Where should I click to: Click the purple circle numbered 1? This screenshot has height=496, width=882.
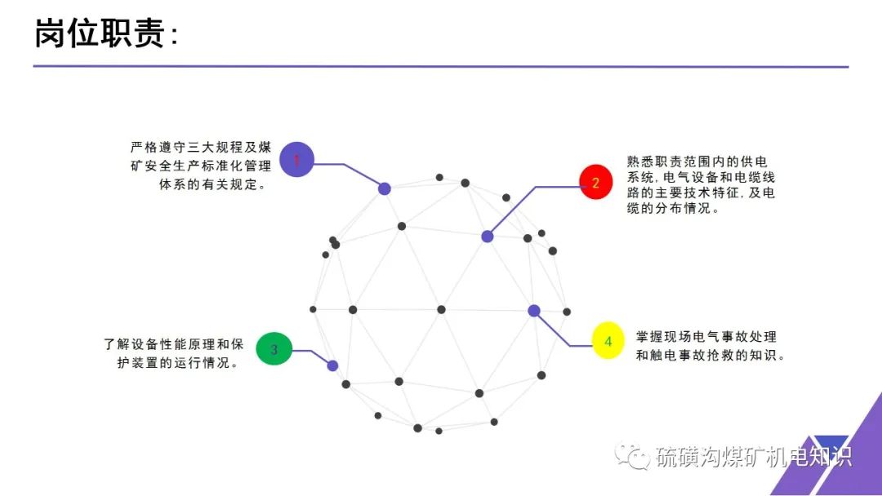pyautogui.click(x=296, y=161)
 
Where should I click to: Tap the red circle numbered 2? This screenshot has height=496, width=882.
pyautogui.click(x=595, y=183)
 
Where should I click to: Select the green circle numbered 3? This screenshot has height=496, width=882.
pyautogui.click(x=274, y=349)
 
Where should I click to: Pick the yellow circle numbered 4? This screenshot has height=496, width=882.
pyautogui.click(x=608, y=342)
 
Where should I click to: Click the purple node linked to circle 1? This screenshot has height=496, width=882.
pyautogui.click(x=385, y=188)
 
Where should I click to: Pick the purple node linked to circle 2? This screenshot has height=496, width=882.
pyautogui.click(x=488, y=237)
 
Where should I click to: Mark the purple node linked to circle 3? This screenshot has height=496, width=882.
pyautogui.click(x=332, y=365)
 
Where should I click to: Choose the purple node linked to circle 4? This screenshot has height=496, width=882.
pyautogui.click(x=534, y=311)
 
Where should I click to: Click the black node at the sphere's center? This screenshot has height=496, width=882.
pyautogui.click(x=441, y=309)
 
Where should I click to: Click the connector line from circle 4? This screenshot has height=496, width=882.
pyautogui.click(x=555, y=330)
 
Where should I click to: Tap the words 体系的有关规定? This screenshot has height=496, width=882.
pyautogui.click(x=212, y=185)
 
